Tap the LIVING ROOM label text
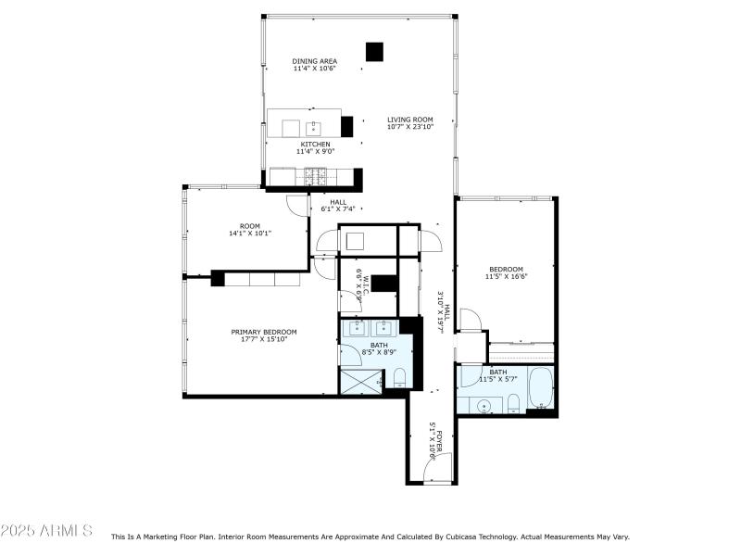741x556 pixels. (409, 120)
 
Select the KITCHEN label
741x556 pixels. (315, 145)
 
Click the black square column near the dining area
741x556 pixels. (374, 52)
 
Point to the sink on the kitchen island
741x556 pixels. (314, 127)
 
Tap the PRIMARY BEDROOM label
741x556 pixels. (264, 332)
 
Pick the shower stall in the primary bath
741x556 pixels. (359, 379)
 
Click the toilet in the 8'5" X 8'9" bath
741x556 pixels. (399, 377)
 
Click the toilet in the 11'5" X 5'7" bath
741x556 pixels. (512, 401)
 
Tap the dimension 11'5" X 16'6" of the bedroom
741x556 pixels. (505, 276)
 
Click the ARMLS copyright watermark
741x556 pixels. (46, 531)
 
